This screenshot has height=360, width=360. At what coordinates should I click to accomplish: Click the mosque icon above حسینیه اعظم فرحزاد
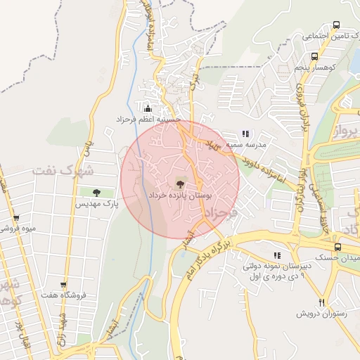coord(148,108)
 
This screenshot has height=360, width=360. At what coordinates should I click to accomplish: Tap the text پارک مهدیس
coord(96,204)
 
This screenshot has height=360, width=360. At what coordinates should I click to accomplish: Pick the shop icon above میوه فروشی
coord(16,217)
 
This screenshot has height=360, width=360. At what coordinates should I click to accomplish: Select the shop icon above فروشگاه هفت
coord(64,285)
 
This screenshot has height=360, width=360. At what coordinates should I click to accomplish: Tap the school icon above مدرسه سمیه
coord(245,133)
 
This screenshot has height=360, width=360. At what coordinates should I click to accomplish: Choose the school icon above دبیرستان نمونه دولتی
coord(276,255)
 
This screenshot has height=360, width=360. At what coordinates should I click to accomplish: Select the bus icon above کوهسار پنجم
coord(314,57)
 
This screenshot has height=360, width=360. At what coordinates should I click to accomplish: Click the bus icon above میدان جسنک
coord(338,247)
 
